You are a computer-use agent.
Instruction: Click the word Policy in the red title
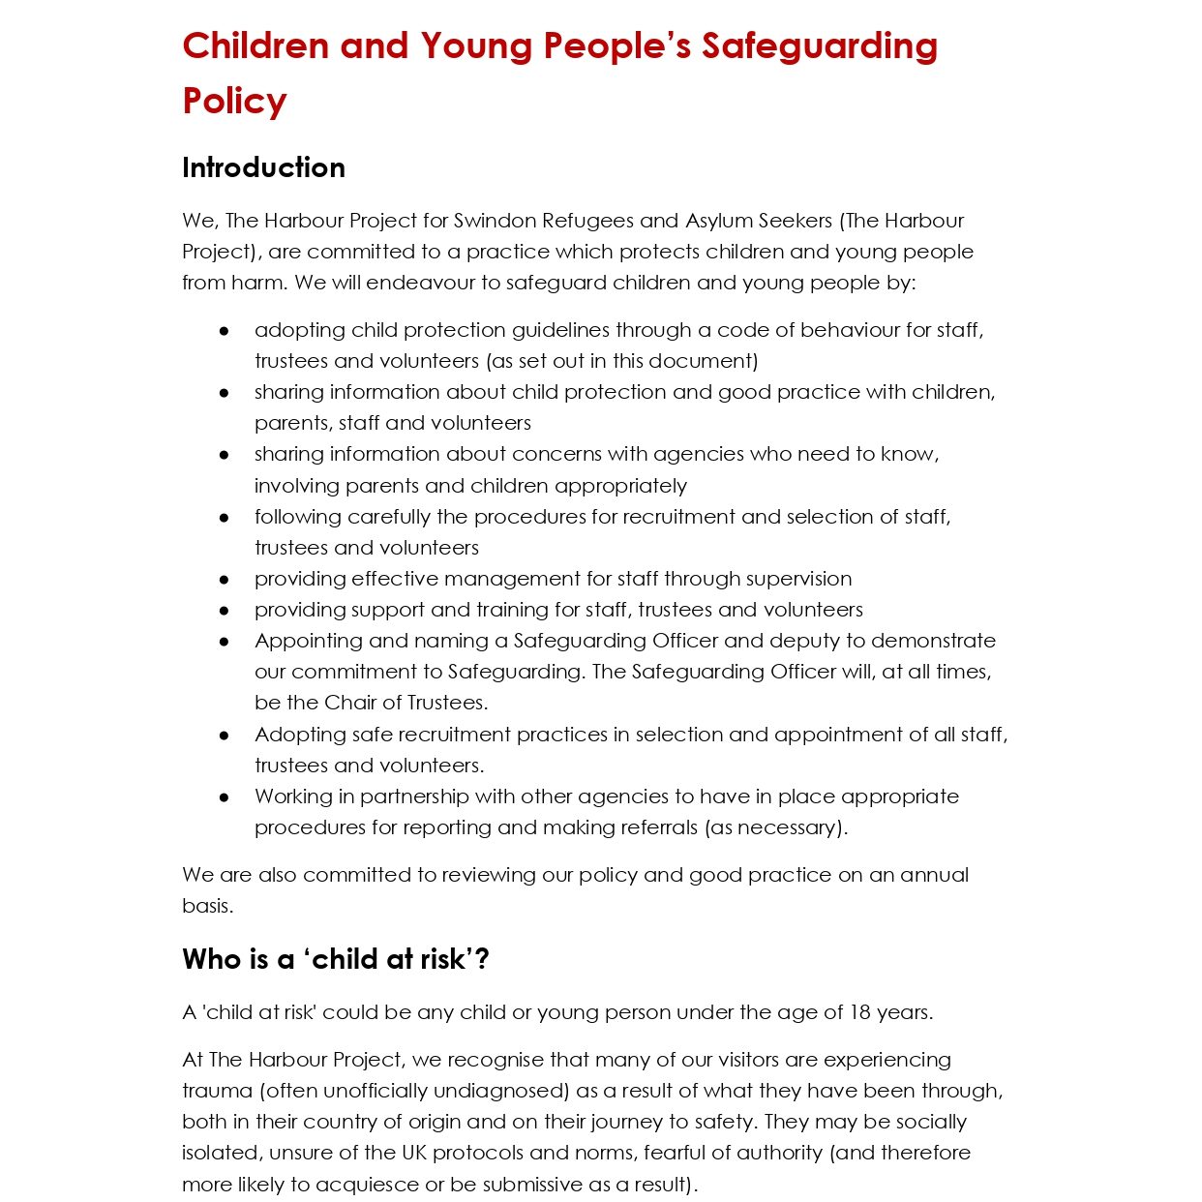(x=234, y=101)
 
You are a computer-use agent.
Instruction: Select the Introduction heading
(x=263, y=167)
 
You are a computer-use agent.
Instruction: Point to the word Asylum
(x=721, y=221)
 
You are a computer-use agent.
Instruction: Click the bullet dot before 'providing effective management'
(x=225, y=580)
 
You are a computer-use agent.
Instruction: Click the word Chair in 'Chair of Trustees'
(x=351, y=703)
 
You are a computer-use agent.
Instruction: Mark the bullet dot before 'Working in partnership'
(x=225, y=797)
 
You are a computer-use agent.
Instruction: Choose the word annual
(x=934, y=875)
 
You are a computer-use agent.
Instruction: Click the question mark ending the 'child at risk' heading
(x=482, y=959)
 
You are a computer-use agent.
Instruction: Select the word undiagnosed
(x=501, y=1091)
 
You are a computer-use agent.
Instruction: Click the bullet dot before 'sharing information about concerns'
(x=225, y=455)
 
